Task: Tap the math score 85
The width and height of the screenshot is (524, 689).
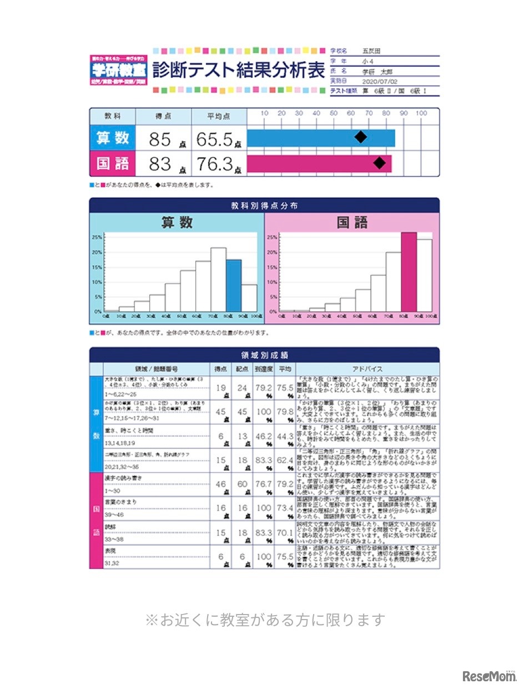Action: tap(160, 139)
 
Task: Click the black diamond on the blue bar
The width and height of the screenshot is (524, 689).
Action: tap(361, 137)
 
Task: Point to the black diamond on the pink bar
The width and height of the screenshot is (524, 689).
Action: tap(379, 163)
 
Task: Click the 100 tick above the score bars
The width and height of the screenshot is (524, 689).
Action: tap(421, 113)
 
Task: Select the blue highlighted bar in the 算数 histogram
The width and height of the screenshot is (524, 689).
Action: tap(233, 285)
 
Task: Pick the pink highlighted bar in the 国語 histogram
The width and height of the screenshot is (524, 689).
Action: tap(409, 272)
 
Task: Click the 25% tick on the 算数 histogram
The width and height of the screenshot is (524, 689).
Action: tap(96, 237)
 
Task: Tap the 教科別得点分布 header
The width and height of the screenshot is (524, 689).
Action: tap(264, 206)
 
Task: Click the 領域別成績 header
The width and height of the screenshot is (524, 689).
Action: tap(264, 355)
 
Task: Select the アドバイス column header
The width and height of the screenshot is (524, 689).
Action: tap(366, 368)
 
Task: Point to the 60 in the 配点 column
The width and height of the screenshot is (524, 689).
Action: tap(243, 484)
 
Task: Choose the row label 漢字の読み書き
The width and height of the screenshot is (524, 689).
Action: tap(123, 478)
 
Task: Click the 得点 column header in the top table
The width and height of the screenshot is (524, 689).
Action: tap(163, 116)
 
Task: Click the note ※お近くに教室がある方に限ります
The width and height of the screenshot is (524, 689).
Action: tap(264, 620)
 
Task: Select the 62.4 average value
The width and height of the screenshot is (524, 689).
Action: tap(285, 461)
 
